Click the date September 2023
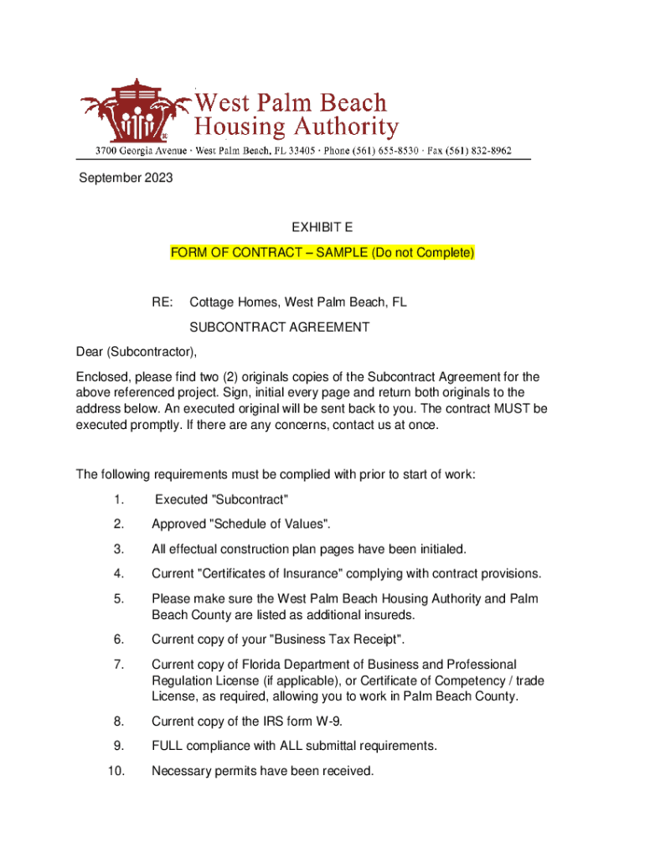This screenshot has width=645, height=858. [x=126, y=178]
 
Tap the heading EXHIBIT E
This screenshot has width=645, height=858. [x=322, y=227]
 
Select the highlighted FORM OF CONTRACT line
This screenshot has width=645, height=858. [x=322, y=252]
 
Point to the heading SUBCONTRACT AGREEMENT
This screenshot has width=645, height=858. [x=279, y=328]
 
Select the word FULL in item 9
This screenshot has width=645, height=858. [x=167, y=746]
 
